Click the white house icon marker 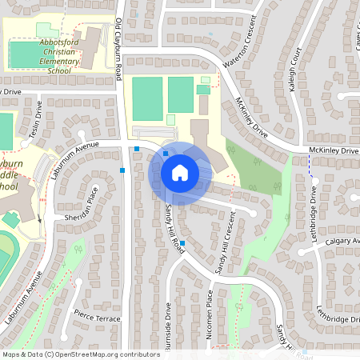(x=180, y=172)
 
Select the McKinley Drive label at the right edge (x=335, y=150)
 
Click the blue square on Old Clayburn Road (x=122, y=170)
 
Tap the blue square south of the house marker (x=182, y=242)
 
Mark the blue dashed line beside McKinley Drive (x=310, y=164)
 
